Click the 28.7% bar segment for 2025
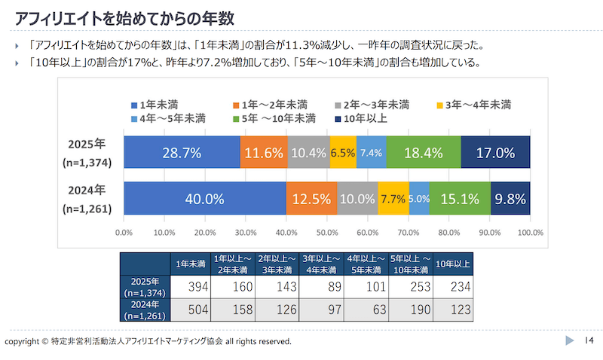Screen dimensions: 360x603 (182, 153)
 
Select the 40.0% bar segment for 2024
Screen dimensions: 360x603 (204, 200)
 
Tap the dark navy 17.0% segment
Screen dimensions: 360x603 (495, 153)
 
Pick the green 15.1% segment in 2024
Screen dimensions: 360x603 (460, 200)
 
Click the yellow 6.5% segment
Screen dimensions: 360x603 (343, 153)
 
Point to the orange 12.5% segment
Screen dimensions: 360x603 (311, 200)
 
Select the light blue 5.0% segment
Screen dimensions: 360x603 (419, 200)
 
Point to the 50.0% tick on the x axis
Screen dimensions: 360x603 (328, 232)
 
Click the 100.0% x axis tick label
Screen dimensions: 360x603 (531, 232)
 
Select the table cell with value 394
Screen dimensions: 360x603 (191, 287)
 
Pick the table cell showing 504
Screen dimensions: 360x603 (191, 309)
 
